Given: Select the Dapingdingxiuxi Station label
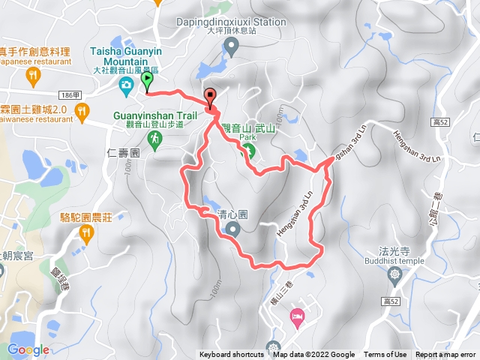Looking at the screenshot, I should click(230, 22).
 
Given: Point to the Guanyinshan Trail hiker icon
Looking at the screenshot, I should click(154, 139).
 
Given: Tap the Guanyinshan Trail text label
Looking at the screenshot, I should click(154, 115).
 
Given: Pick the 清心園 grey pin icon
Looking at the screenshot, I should click(232, 229).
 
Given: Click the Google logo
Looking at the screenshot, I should click(28, 349).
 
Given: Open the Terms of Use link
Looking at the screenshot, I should click(385, 355).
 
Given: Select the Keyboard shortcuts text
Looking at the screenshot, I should click(231, 355).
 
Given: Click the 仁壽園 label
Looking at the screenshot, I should click(124, 152).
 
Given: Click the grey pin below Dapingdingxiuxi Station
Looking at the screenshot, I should click(231, 47).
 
